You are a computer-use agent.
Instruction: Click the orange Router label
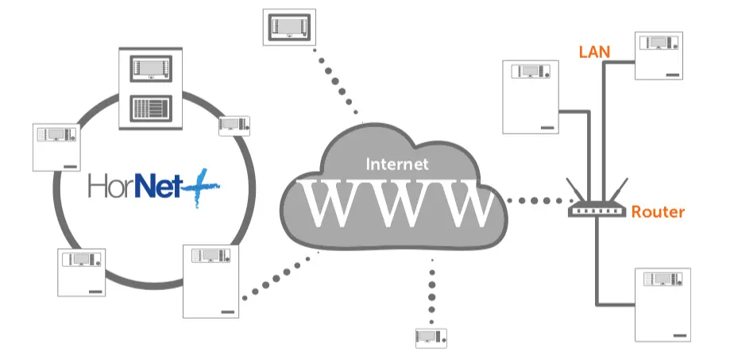click(x=658, y=212)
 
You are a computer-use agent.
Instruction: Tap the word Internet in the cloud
click(x=397, y=165)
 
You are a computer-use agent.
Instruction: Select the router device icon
click(x=597, y=209)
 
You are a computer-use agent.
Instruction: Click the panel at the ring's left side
click(x=57, y=147)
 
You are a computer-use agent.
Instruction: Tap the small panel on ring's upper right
click(x=234, y=125)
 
